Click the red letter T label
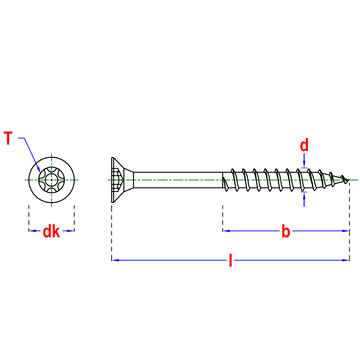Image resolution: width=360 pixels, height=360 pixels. tap(8, 138)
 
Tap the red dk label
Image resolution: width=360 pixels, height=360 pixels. tap(51, 231)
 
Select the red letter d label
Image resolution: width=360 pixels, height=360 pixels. tap(304, 145)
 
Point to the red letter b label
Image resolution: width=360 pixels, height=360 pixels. tap(286, 231)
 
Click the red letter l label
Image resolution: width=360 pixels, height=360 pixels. tap(230, 260)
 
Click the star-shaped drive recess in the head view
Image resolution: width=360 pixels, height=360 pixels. tap(52, 180)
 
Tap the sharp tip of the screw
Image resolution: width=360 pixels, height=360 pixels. tap(348, 180)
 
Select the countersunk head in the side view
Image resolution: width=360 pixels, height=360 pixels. tap(122, 180)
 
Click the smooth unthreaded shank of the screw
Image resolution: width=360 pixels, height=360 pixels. tap(178, 180)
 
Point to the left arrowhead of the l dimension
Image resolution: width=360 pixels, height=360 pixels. tap(114, 260)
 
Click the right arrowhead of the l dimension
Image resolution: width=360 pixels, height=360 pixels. tap(346, 260)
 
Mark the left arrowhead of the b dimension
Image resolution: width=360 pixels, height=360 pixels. tap(226, 230)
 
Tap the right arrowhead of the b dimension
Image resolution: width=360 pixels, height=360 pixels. tap(345, 230)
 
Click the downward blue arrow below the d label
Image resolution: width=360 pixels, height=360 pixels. tap(304, 159)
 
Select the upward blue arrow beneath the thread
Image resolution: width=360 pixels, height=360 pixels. tap(304, 200)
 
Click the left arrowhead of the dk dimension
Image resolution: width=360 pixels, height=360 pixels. tap(32, 230)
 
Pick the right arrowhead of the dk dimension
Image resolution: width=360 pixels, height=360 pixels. tap(71, 230)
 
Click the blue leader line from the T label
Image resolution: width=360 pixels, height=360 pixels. tap(31, 153)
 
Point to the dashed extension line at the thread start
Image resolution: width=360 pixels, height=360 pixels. tap(223, 218)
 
